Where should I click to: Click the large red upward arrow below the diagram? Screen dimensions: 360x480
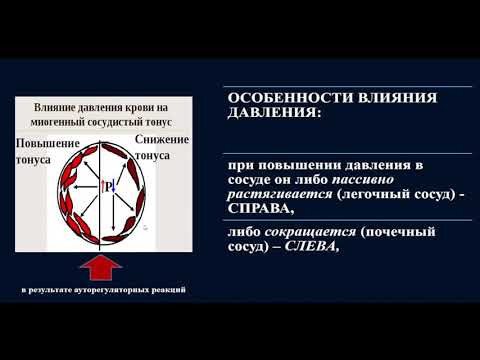coord(100,269)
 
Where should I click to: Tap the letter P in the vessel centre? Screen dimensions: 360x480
coord(107,187)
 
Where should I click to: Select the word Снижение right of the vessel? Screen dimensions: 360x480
coord(162,140)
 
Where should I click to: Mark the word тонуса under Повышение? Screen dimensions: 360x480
coord(33,159)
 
